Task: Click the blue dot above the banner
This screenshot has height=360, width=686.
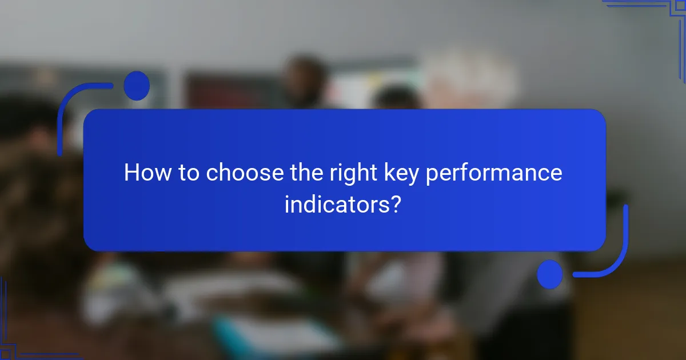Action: click(137, 86)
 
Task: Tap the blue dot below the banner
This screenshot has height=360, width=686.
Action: click(550, 274)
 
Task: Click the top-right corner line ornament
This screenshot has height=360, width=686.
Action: click(657, 11)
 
